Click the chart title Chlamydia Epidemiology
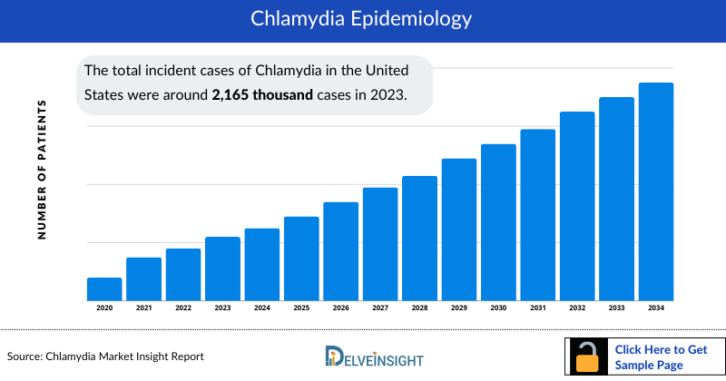(x=363, y=19)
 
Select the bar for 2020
(x=104, y=289)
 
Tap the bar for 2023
(x=222, y=269)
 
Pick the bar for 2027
(x=380, y=244)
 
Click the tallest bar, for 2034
(x=656, y=192)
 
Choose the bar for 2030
(x=498, y=222)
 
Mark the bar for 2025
(x=301, y=259)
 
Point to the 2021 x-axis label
(x=143, y=309)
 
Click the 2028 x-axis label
(x=419, y=309)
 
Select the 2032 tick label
(x=577, y=309)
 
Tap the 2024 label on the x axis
(x=261, y=309)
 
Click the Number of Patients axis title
(x=42, y=170)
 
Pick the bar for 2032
(x=577, y=206)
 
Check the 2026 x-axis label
(x=340, y=309)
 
